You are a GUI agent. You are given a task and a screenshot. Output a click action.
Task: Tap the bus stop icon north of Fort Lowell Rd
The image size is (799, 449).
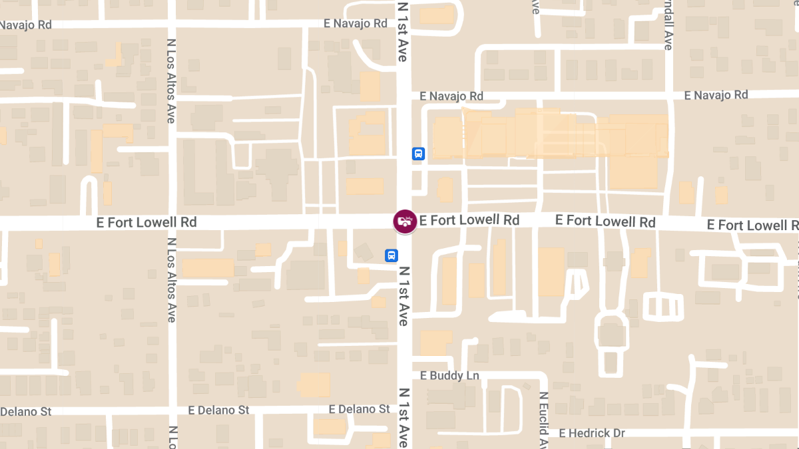417,154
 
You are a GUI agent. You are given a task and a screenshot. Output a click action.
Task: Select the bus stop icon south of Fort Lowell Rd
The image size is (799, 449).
392,255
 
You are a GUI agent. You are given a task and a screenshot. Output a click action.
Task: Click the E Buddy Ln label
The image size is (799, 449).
450,376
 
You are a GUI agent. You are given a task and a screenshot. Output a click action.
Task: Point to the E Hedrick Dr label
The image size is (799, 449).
592,434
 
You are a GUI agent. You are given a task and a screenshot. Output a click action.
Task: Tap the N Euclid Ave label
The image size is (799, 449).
543,419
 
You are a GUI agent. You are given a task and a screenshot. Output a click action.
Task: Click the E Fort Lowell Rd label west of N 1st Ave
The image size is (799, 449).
146,222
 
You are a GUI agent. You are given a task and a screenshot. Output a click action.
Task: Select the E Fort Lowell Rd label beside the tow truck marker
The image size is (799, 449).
469,220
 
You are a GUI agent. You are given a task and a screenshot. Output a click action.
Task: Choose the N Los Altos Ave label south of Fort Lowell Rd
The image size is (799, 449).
171,279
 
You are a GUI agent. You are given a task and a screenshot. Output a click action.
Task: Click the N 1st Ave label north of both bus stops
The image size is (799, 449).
402,32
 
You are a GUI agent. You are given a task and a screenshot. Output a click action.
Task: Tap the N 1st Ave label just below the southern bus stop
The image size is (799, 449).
403,296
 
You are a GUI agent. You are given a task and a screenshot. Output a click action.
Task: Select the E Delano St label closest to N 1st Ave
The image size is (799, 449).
360,409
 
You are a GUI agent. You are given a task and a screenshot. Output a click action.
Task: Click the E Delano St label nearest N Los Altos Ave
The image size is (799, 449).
218,410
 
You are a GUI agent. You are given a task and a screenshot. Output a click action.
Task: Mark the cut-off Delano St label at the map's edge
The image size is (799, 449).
25,412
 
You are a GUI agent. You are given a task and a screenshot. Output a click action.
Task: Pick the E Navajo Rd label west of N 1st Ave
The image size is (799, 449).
355,23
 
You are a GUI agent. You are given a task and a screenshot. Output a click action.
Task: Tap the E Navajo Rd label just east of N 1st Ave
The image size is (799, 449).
451,96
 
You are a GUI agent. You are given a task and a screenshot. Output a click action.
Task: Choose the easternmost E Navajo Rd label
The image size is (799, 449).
716,96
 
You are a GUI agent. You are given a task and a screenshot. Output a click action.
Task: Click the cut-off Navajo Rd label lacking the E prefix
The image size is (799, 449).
25,25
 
